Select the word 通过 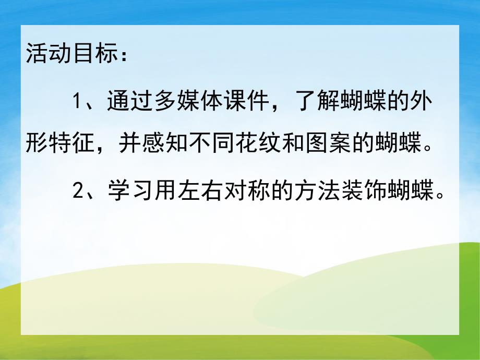click(x=128, y=99)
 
